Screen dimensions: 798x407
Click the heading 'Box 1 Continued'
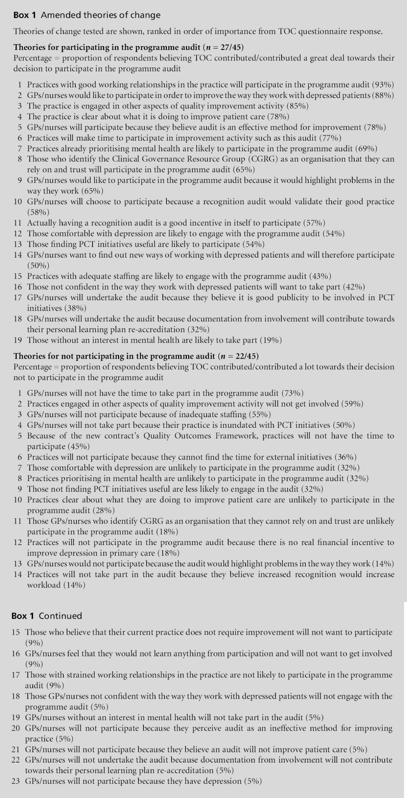[x=47, y=616]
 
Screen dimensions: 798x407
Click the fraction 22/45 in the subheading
[x=245, y=356]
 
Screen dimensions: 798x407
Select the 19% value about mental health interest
[x=271, y=340]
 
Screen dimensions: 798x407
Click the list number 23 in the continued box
[x=16, y=781]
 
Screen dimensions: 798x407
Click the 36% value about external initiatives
[x=346, y=457]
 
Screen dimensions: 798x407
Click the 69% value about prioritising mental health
[x=367, y=148]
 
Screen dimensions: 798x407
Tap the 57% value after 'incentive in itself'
[x=314, y=223]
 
